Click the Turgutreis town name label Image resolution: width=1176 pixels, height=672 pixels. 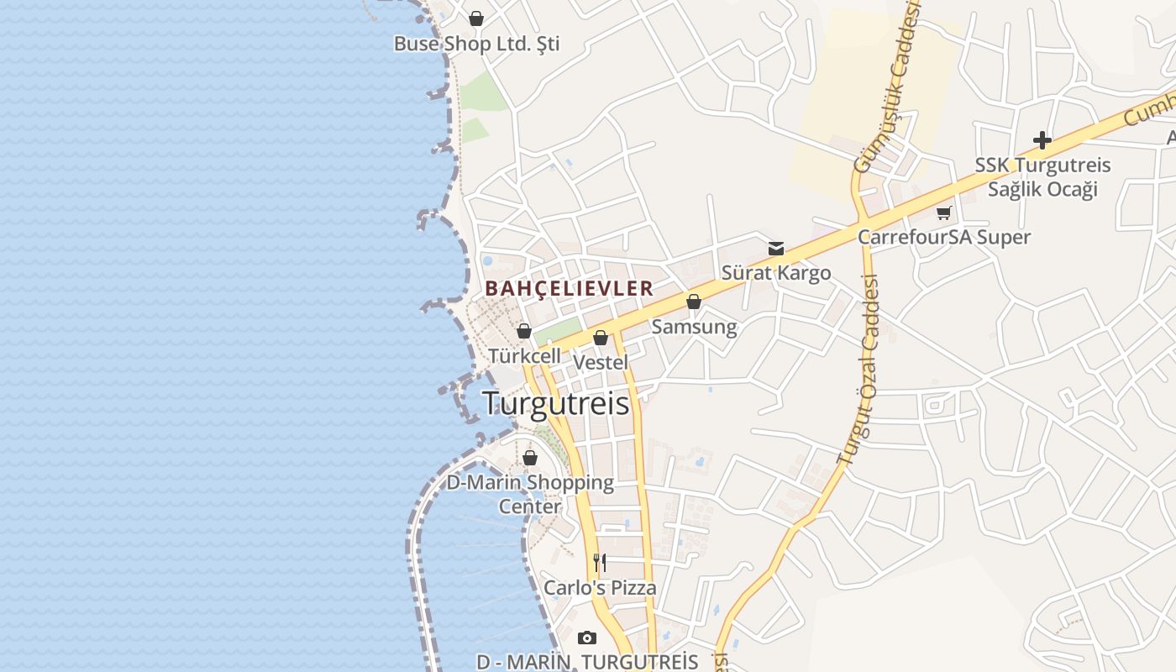click(556, 404)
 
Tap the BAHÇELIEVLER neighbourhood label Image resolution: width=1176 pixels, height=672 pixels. click(570, 288)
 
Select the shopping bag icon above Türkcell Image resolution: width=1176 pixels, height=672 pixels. click(524, 332)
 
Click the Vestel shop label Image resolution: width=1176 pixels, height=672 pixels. click(600, 362)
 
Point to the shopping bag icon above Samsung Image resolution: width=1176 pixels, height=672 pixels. click(694, 302)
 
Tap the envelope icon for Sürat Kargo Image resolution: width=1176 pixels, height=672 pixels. click(776, 249)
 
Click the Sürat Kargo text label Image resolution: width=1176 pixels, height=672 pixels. click(776, 273)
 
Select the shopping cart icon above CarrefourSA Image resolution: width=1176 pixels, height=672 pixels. click(944, 213)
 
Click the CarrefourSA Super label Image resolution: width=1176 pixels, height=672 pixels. click(944, 237)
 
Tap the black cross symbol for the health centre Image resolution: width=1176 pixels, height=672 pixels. click(1042, 140)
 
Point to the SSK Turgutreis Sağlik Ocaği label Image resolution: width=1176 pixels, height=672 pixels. click(1042, 176)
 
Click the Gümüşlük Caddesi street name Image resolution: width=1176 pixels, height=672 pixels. click(887, 88)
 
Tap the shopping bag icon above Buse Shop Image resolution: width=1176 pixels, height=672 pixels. click(476, 18)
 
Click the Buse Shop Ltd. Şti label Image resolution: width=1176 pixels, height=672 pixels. click(476, 44)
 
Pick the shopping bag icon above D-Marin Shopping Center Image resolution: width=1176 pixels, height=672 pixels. click(530, 458)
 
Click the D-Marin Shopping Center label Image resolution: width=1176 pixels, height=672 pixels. click(530, 494)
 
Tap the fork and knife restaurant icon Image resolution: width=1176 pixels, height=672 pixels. click(600, 562)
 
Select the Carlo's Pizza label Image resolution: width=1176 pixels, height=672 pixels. click(600, 587)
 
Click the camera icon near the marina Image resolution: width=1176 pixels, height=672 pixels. click(587, 638)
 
